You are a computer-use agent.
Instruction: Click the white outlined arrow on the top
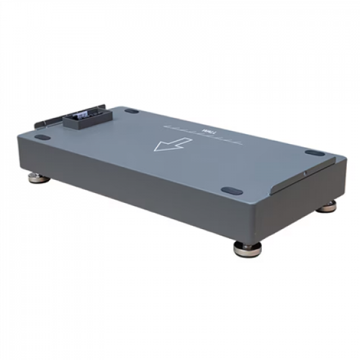click(172, 144)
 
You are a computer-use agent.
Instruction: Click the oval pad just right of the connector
click(131, 111)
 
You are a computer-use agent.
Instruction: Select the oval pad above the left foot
click(41, 138)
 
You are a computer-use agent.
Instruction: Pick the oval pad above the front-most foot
click(232, 190)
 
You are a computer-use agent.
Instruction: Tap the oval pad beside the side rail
click(314, 153)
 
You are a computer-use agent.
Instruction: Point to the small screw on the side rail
click(306, 173)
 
